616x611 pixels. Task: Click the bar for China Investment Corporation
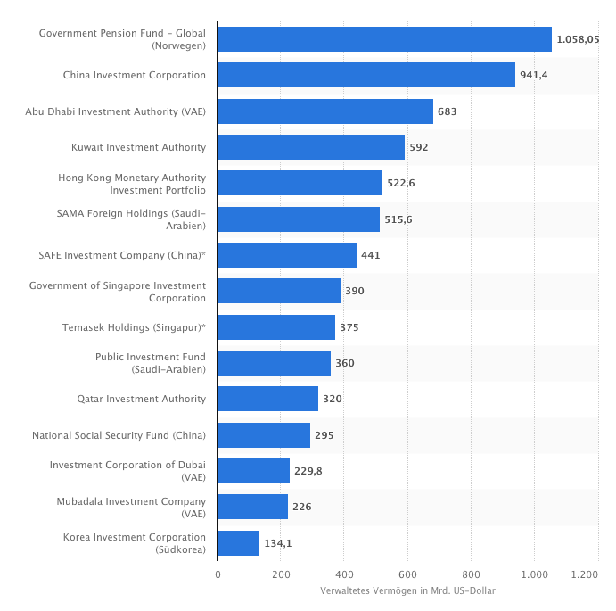pos(365,75)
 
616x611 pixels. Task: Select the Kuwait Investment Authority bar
pos(310,147)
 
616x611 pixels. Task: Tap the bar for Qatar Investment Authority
pos(267,399)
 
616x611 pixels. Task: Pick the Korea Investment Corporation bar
pos(238,543)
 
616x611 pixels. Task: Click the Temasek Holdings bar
pos(275,327)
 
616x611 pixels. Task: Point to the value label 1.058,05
pos(578,39)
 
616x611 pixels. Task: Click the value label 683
pos(447,111)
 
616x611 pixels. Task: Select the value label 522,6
pos(400,183)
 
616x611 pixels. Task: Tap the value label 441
pos(371,255)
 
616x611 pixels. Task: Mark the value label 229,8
pos(308,471)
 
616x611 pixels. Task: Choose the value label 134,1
pos(278,543)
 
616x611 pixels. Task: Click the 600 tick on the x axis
pos(407,574)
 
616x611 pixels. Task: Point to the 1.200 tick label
pos(585,574)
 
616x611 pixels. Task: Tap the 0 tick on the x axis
pos(218,574)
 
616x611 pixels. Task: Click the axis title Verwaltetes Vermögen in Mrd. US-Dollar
pos(407,590)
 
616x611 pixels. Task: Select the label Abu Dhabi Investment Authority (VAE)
pos(115,111)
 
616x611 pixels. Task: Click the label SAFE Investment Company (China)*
pos(122,255)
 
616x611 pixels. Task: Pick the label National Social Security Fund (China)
pos(119,435)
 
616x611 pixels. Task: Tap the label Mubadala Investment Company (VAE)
pos(131,508)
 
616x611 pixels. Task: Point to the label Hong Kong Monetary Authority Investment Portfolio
pos(132,184)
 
